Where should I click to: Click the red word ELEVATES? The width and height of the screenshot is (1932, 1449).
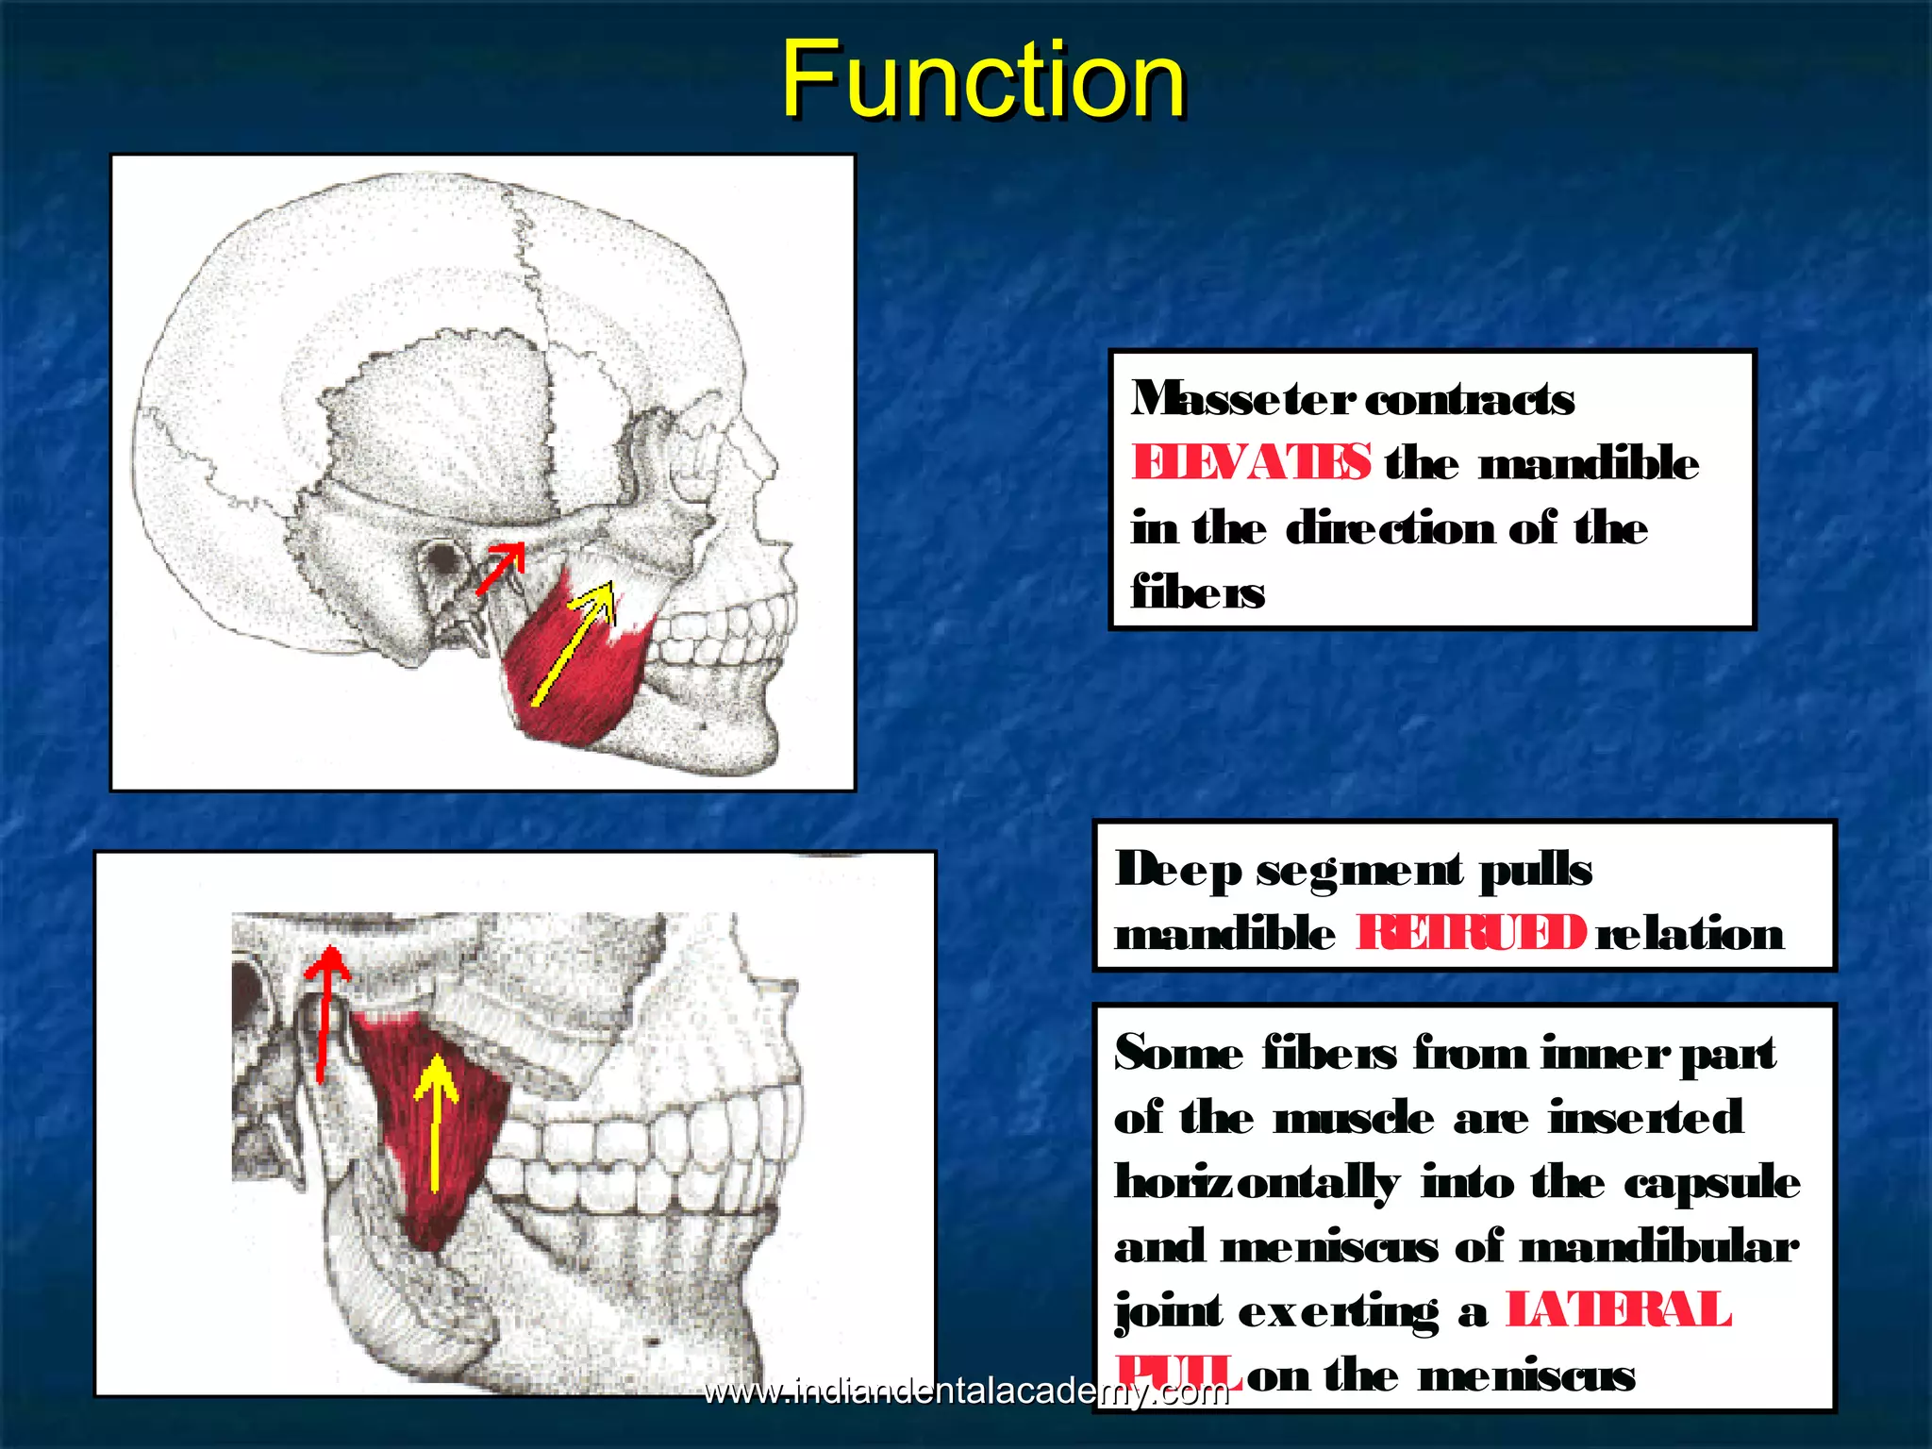(1251, 463)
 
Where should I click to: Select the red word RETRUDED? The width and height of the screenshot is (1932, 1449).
(1471, 934)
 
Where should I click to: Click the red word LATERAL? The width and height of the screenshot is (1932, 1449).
(1618, 1311)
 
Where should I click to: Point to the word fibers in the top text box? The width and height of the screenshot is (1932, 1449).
(1198, 592)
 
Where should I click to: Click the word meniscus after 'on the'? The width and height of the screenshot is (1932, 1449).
(1526, 1376)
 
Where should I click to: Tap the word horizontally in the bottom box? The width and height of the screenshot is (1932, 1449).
(1257, 1183)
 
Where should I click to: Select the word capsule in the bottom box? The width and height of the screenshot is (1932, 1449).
(1711, 1183)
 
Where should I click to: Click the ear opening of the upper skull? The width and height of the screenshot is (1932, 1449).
(441, 558)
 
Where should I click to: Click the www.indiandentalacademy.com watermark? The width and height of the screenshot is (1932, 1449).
(966, 1391)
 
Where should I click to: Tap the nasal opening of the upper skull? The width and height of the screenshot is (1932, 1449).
(745, 491)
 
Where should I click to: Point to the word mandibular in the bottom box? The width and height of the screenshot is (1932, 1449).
(1658, 1247)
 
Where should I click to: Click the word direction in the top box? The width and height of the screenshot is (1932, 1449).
(1391, 527)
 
